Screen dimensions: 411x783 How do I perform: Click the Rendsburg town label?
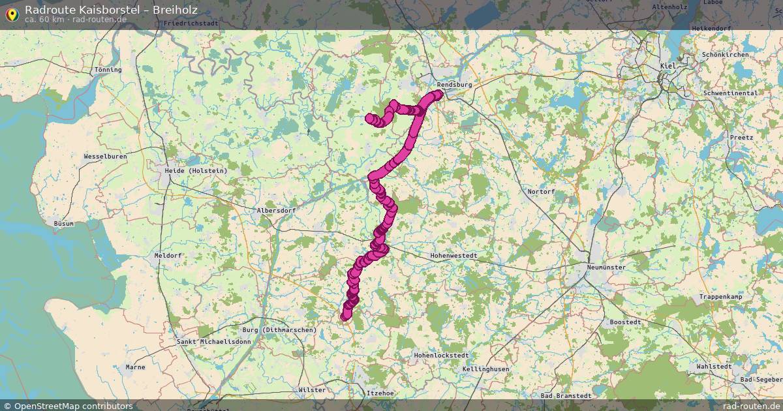click(454, 85)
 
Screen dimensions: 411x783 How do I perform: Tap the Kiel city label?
click(668, 67)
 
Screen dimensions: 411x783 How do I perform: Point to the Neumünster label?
click(606, 267)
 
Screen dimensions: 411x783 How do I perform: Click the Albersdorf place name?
click(276, 211)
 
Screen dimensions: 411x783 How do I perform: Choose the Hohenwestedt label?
click(454, 256)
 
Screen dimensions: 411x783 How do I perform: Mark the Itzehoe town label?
click(380, 393)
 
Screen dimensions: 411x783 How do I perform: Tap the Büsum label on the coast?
click(64, 223)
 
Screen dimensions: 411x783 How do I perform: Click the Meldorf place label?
click(168, 256)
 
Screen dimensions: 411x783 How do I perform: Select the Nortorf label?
click(541, 192)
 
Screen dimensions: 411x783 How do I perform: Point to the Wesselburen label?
click(106, 157)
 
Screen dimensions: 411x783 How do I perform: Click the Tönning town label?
click(108, 70)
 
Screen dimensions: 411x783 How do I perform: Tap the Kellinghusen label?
click(485, 369)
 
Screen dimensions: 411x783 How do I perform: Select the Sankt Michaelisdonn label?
click(213, 342)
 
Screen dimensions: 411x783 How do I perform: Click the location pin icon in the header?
click(12, 14)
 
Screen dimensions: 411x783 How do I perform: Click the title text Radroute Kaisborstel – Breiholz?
click(111, 10)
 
